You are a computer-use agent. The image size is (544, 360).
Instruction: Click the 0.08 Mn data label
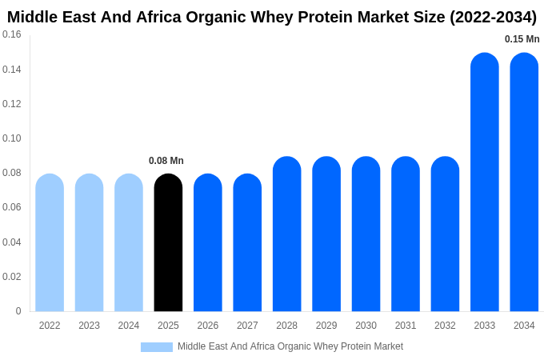click(x=166, y=161)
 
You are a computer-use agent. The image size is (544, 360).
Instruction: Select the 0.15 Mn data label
click(x=522, y=39)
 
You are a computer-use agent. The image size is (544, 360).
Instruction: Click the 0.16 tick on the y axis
click(x=12, y=34)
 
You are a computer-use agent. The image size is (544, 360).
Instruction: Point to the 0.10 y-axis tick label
click(x=12, y=138)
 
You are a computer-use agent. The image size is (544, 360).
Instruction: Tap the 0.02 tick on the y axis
click(x=12, y=277)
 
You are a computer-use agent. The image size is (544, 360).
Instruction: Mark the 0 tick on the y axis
click(x=18, y=311)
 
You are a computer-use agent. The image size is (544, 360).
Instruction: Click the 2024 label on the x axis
click(x=129, y=326)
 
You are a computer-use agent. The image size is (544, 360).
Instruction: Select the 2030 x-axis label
click(x=366, y=326)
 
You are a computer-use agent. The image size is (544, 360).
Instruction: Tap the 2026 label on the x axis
click(x=208, y=326)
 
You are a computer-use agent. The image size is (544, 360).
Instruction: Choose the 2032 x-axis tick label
click(x=445, y=326)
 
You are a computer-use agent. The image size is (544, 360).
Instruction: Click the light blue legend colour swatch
click(x=157, y=347)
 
